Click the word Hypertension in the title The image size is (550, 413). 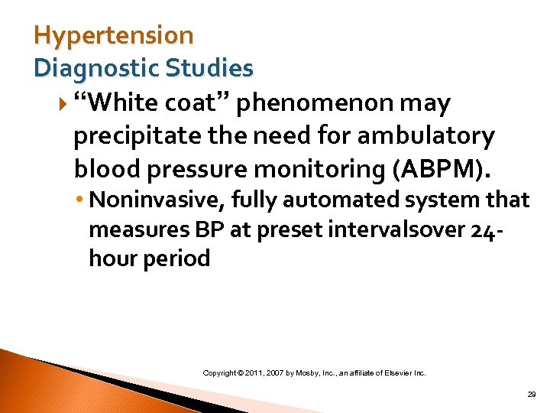pyautogui.click(x=114, y=35)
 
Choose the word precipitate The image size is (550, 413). pyautogui.click(x=133, y=136)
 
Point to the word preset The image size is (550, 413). pyautogui.click(x=286, y=229)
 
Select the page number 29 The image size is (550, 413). pyautogui.click(x=532, y=395)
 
